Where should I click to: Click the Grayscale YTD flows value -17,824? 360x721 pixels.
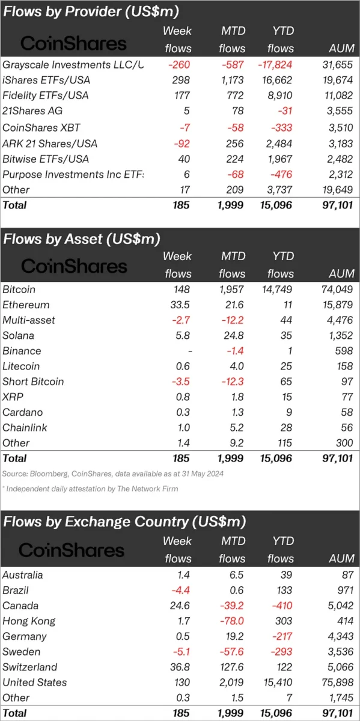(x=275, y=65)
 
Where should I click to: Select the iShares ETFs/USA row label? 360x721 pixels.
(x=46, y=80)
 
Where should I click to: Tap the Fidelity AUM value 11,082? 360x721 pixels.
(x=338, y=96)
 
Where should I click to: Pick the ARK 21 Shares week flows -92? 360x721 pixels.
(x=182, y=144)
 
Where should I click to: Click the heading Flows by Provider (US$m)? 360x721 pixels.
(x=91, y=12)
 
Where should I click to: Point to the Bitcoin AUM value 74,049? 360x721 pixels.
(x=337, y=290)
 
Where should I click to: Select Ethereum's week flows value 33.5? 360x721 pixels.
(x=180, y=305)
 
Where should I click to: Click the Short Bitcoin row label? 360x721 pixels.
(x=33, y=382)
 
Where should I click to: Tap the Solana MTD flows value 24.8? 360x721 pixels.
(x=234, y=335)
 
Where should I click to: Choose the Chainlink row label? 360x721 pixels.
(x=25, y=427)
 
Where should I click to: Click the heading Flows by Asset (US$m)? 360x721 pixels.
(x=82, y=239)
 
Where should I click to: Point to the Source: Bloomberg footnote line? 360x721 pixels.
(x=113, y=474)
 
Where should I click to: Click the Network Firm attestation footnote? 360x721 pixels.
(x=90, y=489)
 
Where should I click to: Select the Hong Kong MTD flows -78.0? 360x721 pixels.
(x=232, y=621)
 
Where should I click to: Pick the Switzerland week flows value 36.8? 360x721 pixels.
(x=180, y=667)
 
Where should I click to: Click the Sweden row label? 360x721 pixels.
(x=21, y=651)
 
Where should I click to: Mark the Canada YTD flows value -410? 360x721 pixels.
(x=282, y=606)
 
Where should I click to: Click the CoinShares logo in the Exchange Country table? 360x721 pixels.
(x=72, y=550)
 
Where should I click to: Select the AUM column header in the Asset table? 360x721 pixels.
(x=341, y=273)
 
